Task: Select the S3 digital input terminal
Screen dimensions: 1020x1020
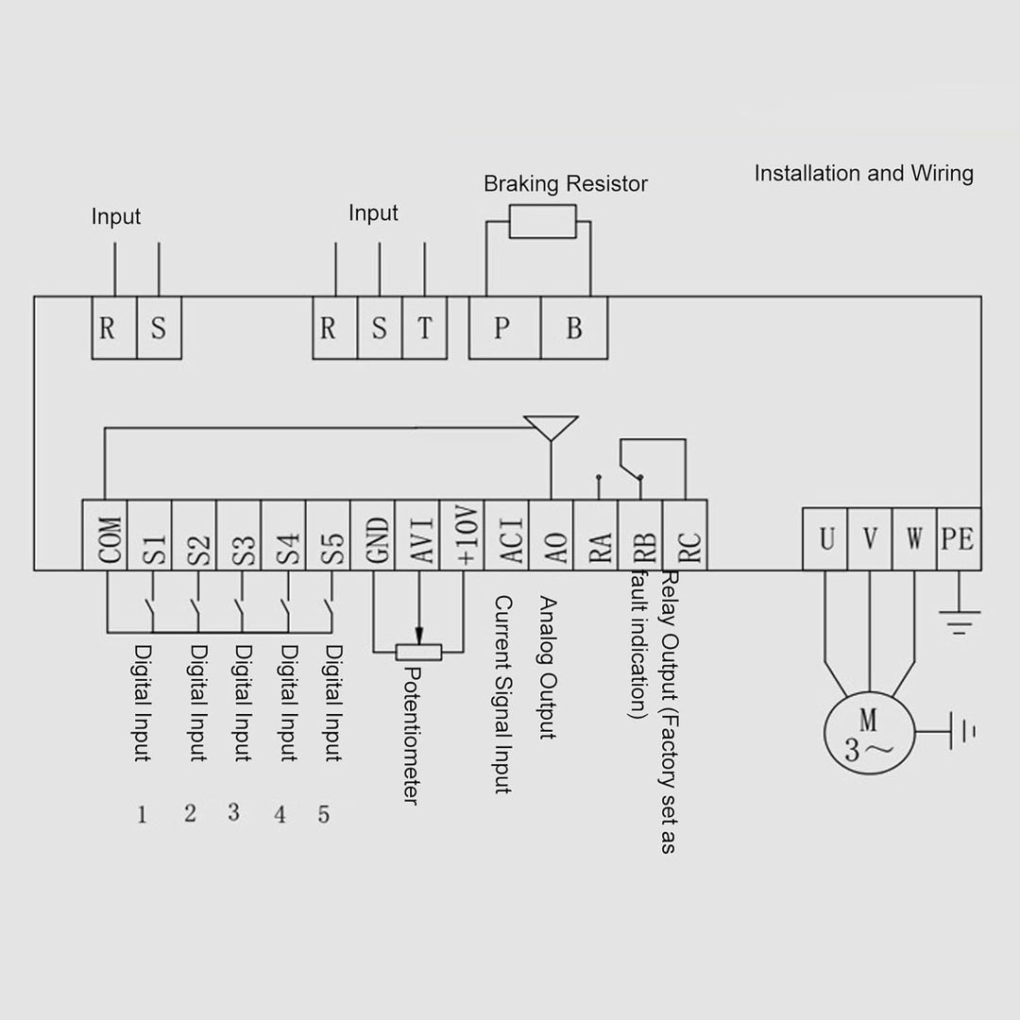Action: coord(239,535)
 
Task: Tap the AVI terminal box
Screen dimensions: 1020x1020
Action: coord(418,535)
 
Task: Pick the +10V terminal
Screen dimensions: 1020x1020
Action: coord(463,535)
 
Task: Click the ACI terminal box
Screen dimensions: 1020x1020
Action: coord(507,535)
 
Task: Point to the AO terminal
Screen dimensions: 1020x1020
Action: coord(552,535)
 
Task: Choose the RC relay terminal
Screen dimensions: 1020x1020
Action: coord(686,535)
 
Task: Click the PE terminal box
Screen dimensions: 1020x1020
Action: coord(958,539)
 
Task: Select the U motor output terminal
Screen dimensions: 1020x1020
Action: coord(825,539)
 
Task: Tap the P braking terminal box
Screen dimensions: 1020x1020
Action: coord(504,328)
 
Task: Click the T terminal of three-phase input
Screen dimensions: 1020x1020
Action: coord(424,328)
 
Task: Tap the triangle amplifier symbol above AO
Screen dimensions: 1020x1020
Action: coord(551,426)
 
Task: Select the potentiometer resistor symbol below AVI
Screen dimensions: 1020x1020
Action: coord(418,652)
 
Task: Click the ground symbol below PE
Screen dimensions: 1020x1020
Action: coord(959,620)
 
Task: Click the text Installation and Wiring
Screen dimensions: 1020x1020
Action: coord(863,174)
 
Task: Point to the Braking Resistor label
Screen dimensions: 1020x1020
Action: coord(566,183)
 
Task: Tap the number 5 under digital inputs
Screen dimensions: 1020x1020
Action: coord(324,814)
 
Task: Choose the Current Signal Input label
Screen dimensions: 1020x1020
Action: coord(503,694)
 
